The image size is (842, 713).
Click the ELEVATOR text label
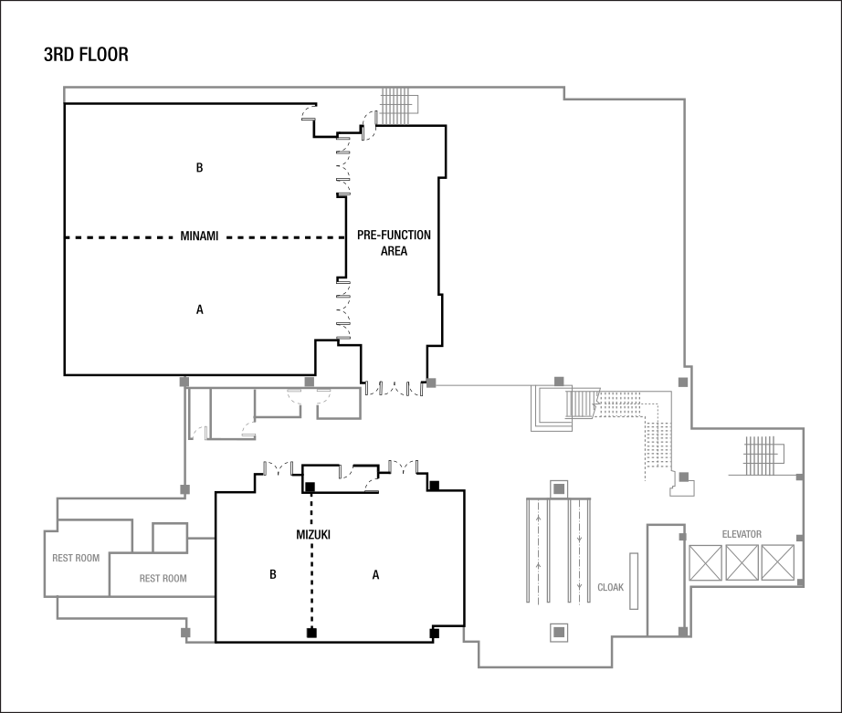pos(742,534)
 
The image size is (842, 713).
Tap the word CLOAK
pos(611,588)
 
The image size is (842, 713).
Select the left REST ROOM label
pos(76,559)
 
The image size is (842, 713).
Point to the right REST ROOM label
pos(163,579)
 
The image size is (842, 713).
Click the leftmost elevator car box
pos(705,562)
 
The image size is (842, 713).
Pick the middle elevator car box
pos(742,562)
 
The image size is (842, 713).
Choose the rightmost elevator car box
pos(777,562)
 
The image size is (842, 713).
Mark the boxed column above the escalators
pos(559,489)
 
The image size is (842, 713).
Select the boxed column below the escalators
pos(559,632)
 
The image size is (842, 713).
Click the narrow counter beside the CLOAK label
pos(634,581)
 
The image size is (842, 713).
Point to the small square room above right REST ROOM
pos(170,538)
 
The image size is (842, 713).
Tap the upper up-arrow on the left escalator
pos(538,519)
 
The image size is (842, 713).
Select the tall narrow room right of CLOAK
pos(665,581)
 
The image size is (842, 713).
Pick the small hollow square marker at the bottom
pos(310,632)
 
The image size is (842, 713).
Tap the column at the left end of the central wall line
pos(431,383)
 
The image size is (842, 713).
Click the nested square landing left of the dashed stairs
pos(552,406)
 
